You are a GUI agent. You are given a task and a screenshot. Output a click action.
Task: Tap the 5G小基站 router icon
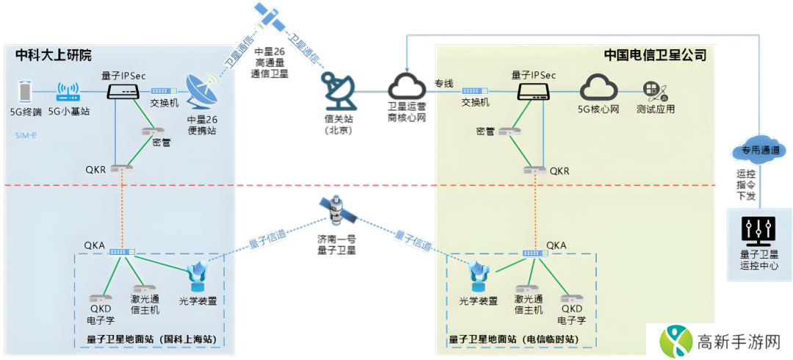(68, 93)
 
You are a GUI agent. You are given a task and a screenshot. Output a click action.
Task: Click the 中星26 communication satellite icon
(269, 17)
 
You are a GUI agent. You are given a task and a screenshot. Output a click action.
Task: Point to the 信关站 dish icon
(338, 90)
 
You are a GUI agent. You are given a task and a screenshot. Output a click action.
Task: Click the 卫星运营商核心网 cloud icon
(407, 85)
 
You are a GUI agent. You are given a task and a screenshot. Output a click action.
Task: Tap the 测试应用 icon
(655, 91)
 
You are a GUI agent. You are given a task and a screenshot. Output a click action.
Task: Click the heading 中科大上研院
(54, 55)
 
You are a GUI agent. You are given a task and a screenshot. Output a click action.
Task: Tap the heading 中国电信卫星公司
(655, 55)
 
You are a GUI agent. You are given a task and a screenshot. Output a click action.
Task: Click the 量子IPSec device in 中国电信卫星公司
(533, 91)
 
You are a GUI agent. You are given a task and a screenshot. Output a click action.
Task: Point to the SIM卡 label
(26, 135)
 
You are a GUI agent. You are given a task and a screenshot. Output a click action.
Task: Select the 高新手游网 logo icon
(676, 341)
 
